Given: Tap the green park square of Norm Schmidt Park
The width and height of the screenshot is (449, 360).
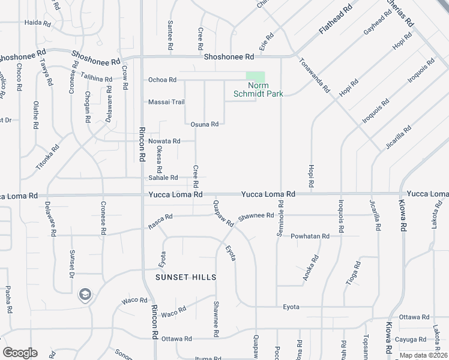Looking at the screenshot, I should tap(256, 78).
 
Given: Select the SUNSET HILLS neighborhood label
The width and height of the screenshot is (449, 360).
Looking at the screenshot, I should tap(185, 277).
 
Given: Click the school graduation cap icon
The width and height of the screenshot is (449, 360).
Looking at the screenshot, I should tap(85, 294).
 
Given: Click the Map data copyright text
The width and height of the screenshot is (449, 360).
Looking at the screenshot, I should tap(423, 355).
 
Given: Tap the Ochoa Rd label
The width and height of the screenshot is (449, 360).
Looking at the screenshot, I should tap(162, 80).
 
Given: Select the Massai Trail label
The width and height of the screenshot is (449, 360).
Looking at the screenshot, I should tap(166, 102).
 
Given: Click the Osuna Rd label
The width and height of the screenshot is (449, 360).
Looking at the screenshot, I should tap(204, 124).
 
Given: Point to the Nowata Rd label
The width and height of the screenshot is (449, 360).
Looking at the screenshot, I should tap(164, 142).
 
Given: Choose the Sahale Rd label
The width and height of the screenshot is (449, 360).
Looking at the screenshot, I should tap(163, 178).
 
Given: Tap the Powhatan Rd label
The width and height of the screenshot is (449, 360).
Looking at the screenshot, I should tap(310, 236).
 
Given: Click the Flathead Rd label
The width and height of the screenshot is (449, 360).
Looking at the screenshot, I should tap(335, 21).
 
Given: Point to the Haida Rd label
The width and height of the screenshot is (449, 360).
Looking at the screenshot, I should tap(37, 23).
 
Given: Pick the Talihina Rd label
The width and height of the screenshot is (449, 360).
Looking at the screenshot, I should tap(96, 79).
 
